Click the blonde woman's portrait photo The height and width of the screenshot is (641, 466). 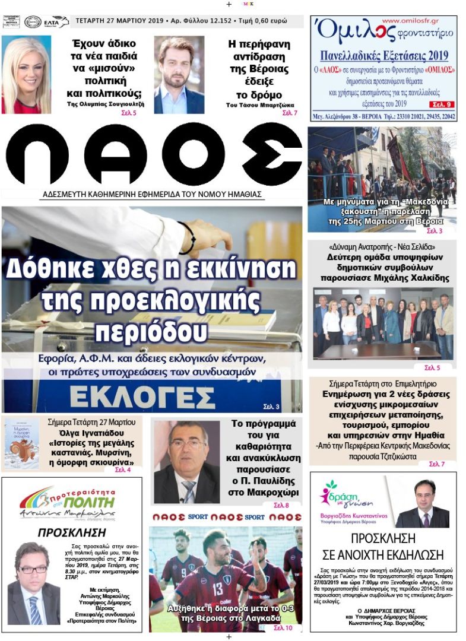26,75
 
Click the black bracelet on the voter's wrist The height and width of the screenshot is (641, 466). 189,237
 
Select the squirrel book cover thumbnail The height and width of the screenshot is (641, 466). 22,444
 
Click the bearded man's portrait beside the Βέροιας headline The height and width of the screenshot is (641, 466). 179,75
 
